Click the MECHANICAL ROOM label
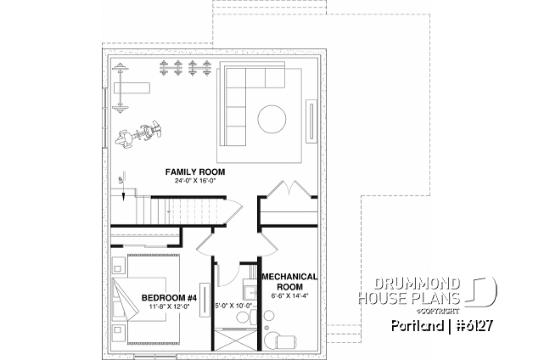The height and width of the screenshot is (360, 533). (x=289, y=282)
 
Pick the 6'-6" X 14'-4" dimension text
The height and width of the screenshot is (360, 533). (x=289, y=296)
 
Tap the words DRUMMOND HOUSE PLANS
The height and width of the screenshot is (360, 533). (x=418, y=290)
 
